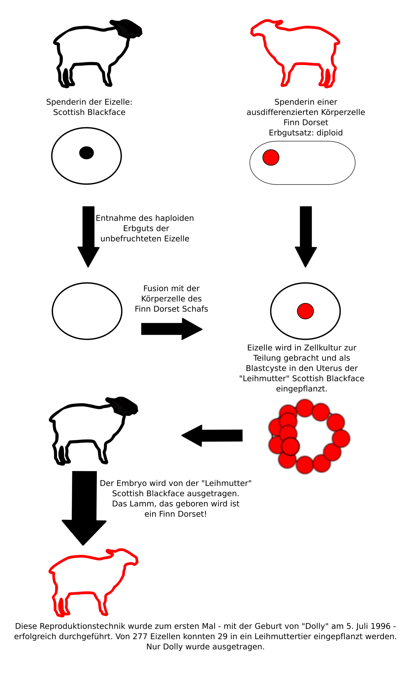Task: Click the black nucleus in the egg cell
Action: pos(86,153)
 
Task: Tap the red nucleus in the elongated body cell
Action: pos(271,157)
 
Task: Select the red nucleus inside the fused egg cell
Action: pos(305,311)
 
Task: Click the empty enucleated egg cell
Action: pos(87,311)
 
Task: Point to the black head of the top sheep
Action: pos(128,28)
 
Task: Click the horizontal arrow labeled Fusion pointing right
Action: pos(172,329)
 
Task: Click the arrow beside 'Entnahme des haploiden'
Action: pos(88,236)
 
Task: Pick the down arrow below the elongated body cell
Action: pos(306,236)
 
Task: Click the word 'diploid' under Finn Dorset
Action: pos(329,133)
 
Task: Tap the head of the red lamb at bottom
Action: pos(128,557)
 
